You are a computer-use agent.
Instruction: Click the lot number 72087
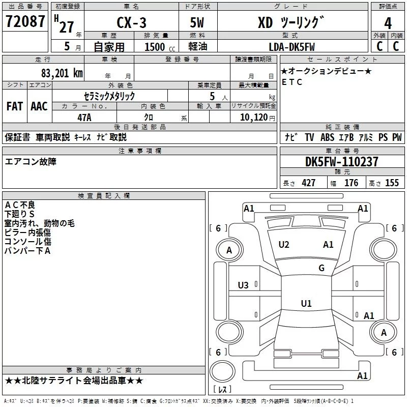click(x=25, y=21)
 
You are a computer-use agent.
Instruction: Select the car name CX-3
click(x=131, y=22)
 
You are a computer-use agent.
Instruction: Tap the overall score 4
click(x=388, y=23)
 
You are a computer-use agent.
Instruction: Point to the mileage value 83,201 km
click(x=62, y=73)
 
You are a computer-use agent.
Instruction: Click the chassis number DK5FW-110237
click(x=341, y=162)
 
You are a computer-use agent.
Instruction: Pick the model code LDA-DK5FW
click(x=292, y=47)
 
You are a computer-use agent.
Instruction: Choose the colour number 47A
click(x=84, y=118)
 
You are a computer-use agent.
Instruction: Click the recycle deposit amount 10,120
click(x=253, y=118)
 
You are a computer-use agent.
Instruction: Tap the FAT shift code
click(x=15, y=106)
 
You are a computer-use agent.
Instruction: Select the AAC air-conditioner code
click(x=39, y=106)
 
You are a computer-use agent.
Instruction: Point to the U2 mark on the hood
click(x=284, y=245)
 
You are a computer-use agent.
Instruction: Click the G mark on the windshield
click(x=322, y=268)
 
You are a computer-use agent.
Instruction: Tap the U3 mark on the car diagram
click(x=243, y=285)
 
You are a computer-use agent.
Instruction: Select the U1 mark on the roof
click(x=306, y=303)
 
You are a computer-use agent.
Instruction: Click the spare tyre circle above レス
click(x=222, y=371)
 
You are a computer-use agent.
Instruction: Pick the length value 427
click(x=309, y=183)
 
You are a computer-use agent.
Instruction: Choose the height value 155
click(x=392, y=183)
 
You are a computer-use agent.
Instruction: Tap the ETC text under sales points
click(x=292, y=82)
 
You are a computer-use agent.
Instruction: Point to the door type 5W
click(x=197, y=22)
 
